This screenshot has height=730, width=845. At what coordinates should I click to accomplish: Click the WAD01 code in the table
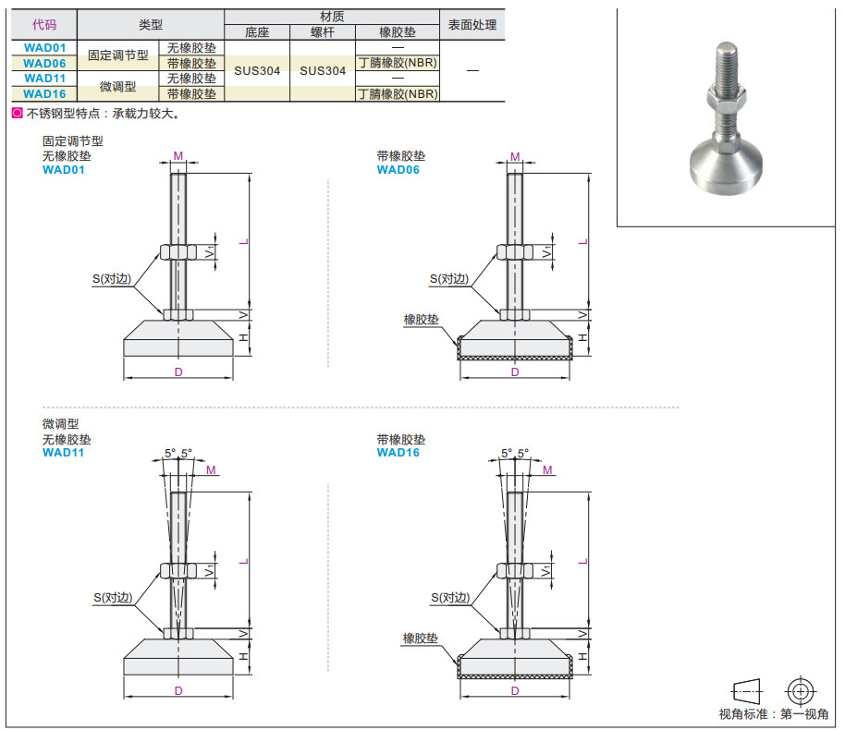click(44, 48)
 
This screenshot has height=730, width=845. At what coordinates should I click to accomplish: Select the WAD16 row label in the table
click(44, 93)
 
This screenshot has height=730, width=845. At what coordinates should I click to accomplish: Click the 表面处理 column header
click(471, 25)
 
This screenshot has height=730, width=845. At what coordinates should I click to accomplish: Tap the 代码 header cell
click(44, 25)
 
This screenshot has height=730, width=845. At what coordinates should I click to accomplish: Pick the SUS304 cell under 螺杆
click(323, 70)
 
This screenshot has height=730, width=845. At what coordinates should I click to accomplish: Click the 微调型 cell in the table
click(117, 86)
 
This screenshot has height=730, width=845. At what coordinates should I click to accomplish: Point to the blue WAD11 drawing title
click(63, 452)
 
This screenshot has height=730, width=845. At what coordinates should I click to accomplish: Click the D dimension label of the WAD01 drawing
click(178, 371)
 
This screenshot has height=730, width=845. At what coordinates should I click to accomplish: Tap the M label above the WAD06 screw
click(515, 156)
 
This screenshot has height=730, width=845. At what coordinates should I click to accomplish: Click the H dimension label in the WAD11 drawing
click(243, 656)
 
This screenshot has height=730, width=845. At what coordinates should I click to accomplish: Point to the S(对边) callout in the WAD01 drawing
click(112, 278)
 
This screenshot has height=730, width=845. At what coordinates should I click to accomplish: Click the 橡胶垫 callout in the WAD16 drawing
click(420, 638)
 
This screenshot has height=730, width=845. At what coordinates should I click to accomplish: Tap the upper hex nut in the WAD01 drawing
click(177, 251)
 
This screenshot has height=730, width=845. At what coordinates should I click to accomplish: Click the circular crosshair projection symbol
click(800, 690)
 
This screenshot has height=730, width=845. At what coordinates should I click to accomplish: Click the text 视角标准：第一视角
click(773, 714)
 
